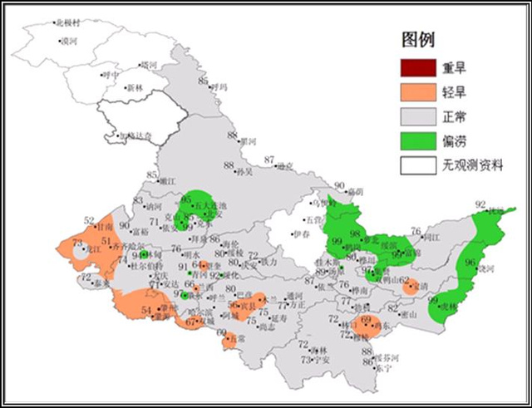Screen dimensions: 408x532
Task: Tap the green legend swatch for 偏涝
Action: pyautogui.click(x=418, y=140)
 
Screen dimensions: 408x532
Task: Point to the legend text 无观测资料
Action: pyautogui.click(x=476, y=165)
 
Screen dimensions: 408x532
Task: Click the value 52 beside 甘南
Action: pyautogui.click(x=89, y=220)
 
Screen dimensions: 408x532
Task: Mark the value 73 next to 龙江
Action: pyautogui.click(x=77, y=243)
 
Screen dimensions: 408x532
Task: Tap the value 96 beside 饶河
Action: pyautogui.click(x=470, y=262)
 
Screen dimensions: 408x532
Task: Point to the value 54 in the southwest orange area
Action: pyautogui.click(x=146, y=311)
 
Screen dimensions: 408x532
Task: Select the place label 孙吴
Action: pyautogui.click(x=244, y=172)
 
